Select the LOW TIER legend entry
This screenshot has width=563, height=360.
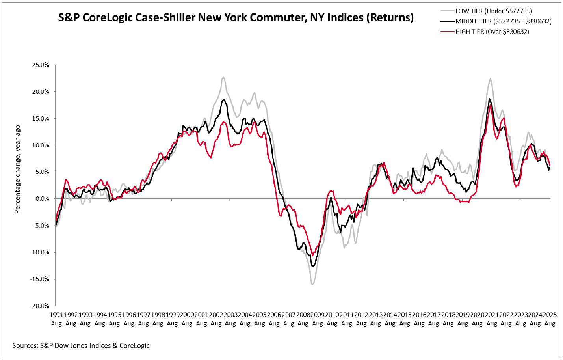(x=494, y=11)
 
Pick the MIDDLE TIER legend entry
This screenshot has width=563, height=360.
(x=503, y=21)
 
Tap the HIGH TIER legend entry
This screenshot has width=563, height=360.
(x=492, y=32)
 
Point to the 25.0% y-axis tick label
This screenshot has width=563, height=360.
(x=41, y=65)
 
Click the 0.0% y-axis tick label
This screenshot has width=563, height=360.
(x=42, y=199)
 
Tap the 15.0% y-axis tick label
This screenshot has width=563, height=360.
(x=41, y=118)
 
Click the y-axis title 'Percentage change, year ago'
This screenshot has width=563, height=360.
(x=17, y=170)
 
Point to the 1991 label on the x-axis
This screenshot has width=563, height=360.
(x=56, y=315)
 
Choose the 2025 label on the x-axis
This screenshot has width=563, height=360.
(x=550, y=315)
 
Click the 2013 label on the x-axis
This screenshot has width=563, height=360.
(x=375, y=315)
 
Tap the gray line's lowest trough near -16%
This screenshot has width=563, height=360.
(x=313, y=284)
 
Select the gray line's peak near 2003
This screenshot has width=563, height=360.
(x=223, y=77)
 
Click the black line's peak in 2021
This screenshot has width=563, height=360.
(x=489, y=99)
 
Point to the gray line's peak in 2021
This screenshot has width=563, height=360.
(x=491, y=78)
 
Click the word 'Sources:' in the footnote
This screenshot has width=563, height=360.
(x=25, y=346)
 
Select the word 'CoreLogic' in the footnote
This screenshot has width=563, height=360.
(x=134, y=346)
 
